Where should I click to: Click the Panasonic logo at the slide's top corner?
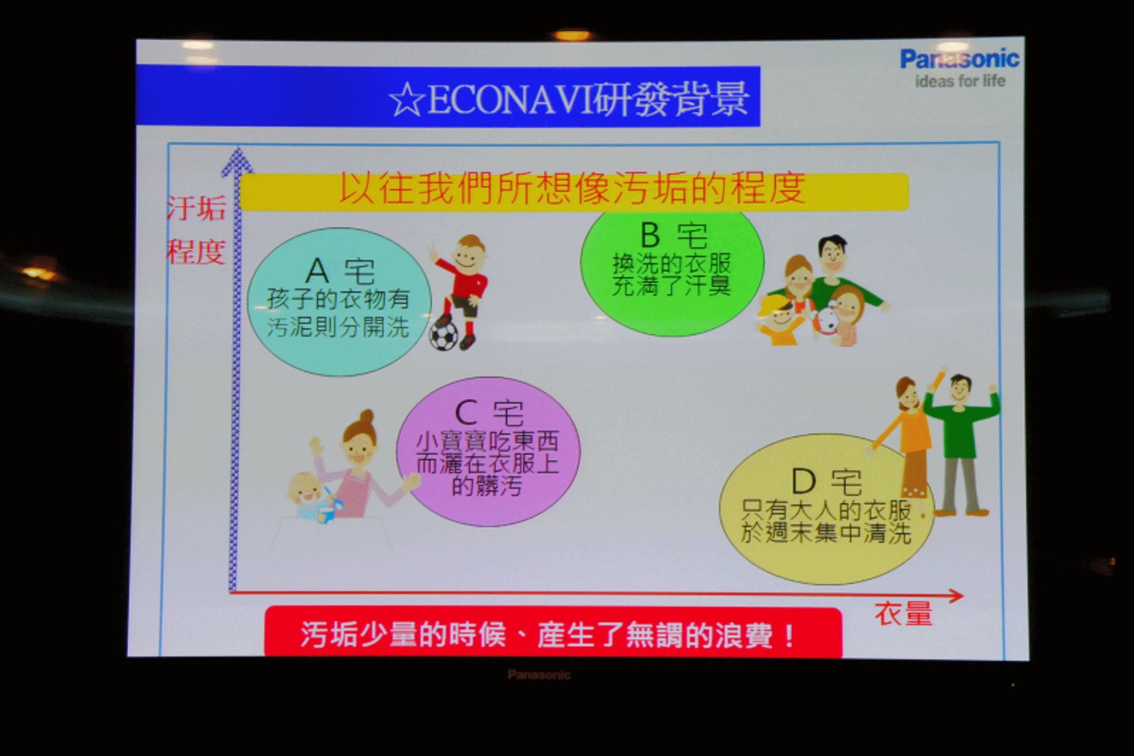[960, 59]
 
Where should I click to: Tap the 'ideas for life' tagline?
[960, 81]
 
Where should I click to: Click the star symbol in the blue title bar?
[407, 100]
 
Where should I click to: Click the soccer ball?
[444, 335]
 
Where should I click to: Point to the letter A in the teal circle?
[317, 271]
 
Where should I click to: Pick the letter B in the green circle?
[650, 235]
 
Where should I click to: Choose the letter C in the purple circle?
[466, 413]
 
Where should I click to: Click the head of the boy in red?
[470, 252]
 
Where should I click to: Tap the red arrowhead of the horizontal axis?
[955, 596]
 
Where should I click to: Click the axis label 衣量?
[904, 614]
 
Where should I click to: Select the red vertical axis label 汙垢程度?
[196, 230]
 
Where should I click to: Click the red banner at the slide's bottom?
[553, 633]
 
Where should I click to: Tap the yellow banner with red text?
[574, 191]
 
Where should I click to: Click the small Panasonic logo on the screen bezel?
[539, 675]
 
